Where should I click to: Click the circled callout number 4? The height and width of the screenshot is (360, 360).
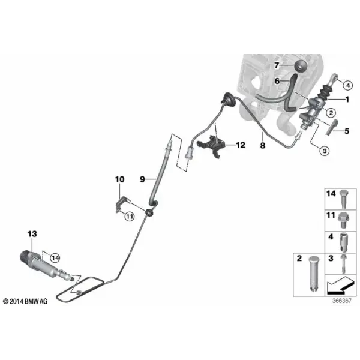coord(348,86)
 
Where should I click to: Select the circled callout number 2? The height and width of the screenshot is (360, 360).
coord(331,113)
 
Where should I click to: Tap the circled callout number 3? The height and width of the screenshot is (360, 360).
coord(325,151)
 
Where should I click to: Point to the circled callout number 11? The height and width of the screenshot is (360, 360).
coord(130,216)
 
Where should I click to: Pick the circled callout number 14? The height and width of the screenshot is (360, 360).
coord(55,258)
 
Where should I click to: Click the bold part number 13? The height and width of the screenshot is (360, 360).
coord(32,234)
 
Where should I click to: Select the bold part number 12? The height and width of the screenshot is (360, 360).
coord(241,145)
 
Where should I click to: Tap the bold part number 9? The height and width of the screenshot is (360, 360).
coord(142,179)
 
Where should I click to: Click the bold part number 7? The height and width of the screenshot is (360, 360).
coord(277,65)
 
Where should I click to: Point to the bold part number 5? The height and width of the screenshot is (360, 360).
coord(347,131)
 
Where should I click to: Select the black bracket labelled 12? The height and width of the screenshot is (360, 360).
coord(211,146)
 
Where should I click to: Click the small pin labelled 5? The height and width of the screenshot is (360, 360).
coord(331,128)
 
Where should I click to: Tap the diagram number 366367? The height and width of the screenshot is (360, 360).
coord(342,301)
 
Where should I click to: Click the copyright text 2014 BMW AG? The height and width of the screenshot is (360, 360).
coord(25,301)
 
